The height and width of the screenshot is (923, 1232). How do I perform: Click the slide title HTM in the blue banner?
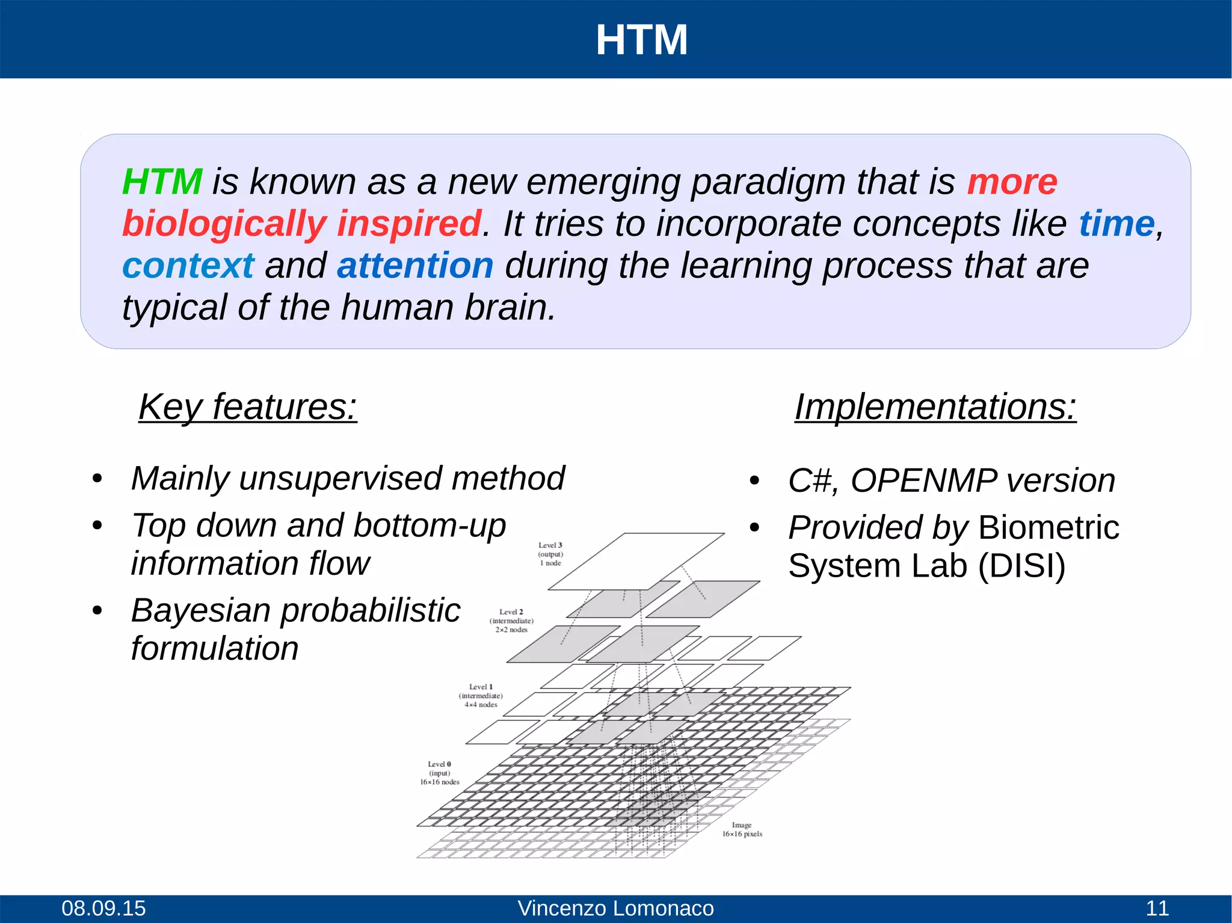click(641, 40)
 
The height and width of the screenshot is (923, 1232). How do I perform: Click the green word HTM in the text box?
click(162, 182)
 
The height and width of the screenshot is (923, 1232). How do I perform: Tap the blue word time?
click(1116, 224)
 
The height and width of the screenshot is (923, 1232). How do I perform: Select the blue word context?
click(188, 266)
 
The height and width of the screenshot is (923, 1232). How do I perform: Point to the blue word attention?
click(415, 266)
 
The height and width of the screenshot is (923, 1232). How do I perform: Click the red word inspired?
click(409, 224)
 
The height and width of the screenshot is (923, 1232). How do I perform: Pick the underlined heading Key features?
click(248, 407)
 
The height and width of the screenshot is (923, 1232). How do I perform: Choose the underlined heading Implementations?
click(935, 407)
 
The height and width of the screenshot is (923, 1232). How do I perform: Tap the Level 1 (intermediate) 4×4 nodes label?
click(481, 696)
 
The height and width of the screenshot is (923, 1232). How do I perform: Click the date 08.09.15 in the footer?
click(103, 908)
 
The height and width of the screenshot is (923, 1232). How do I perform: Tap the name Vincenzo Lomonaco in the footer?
click(615, 908)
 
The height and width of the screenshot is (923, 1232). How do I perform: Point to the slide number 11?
click(1157, 908)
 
